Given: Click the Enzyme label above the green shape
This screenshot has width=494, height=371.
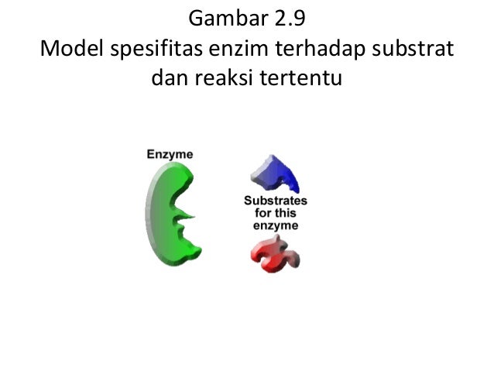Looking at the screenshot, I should (x=170, y=154).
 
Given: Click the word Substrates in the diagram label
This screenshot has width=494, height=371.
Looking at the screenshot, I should (x=276, y=201).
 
